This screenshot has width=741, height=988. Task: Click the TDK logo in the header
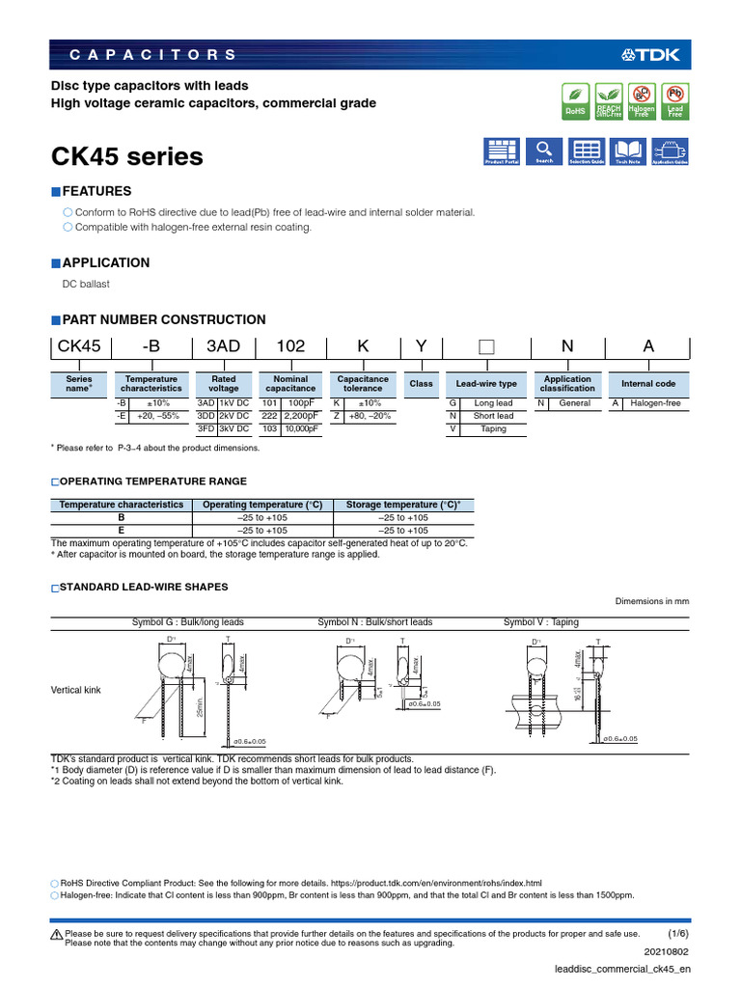point(656,54)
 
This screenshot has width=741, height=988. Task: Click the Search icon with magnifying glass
point(544,151)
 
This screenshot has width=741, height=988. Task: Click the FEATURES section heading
point(96,191)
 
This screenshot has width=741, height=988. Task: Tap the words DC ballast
point(86,284)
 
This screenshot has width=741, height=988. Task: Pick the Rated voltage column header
point(223,383)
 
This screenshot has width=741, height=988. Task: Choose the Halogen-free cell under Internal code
point(656,403)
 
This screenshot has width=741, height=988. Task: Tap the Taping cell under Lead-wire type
point(493,428)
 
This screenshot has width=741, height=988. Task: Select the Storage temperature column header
point(402,505)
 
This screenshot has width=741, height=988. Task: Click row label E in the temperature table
point(122,530)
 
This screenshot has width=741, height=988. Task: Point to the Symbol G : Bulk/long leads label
point(188,622)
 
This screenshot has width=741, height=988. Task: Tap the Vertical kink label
point(76,690)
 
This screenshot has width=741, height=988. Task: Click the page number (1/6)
point(678,934)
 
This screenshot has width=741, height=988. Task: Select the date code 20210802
point(670,950)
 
